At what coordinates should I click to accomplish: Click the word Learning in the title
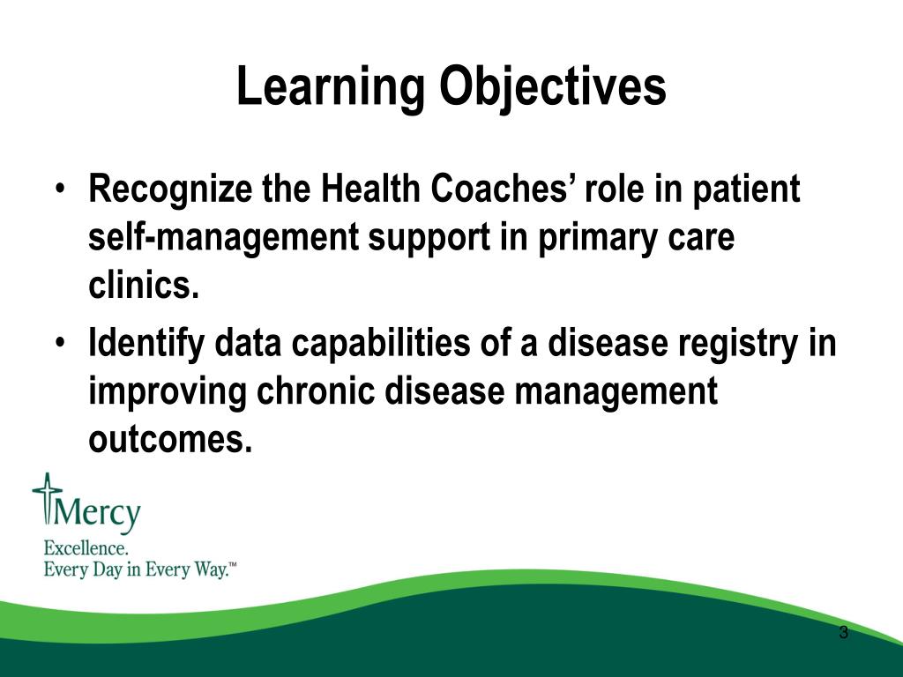331,87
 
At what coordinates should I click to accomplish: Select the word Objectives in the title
553,87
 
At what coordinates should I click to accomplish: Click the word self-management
223,238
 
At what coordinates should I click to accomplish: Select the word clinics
144,284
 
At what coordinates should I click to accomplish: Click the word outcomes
170,440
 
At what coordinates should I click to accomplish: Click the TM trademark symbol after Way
232,565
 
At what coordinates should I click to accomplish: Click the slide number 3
844,633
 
